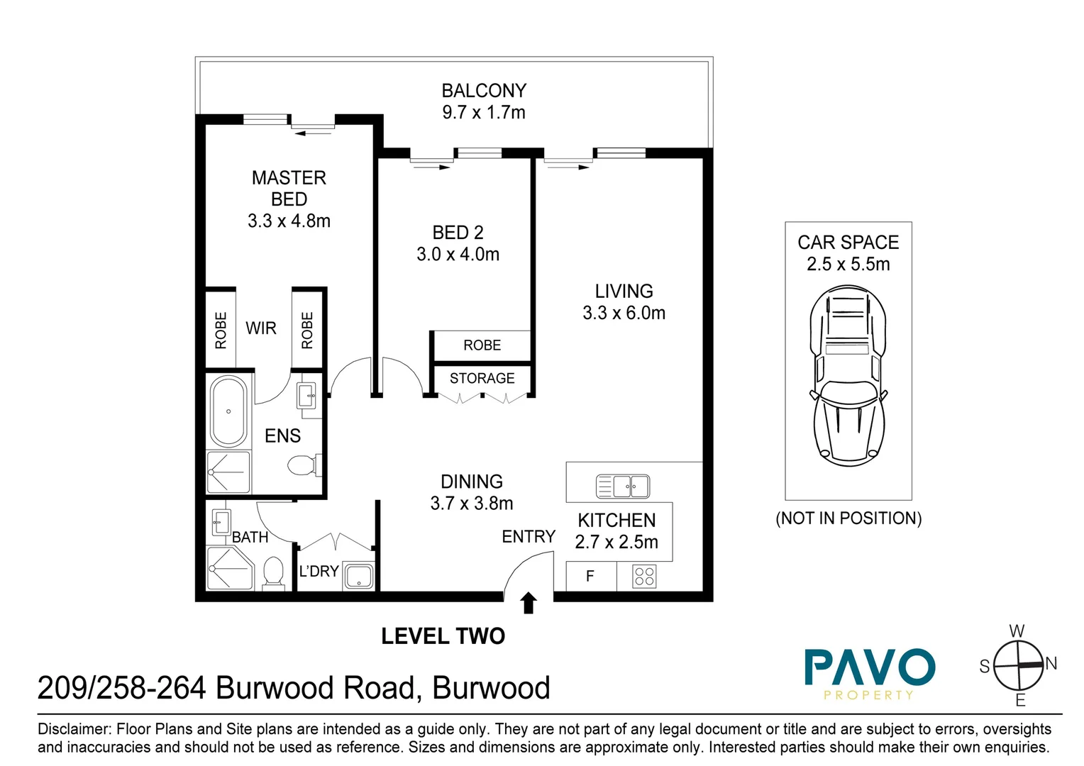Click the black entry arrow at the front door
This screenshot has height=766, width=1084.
click(x=528, y=603)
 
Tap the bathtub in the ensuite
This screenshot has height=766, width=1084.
click(x=228, y=411)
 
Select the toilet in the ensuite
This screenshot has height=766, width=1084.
click(x=303, y=466)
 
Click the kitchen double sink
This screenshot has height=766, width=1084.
click(x=622, y=487)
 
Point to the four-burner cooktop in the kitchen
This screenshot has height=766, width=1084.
click(x=644, y=576)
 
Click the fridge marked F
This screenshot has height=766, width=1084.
click(x=590, y=576)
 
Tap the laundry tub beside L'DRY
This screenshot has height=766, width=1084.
click(x=358, y=576)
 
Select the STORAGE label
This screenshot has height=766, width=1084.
click(x=482, y=379)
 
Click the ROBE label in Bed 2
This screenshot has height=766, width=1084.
click(x=482, y=345)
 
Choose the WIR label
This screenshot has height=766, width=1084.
click(x=261, y=328)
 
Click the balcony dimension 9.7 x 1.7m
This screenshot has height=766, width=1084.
click(x=484, y=113)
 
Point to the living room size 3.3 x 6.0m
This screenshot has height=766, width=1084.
click(x=624, y=313)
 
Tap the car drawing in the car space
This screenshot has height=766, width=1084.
click(x=848, y=376)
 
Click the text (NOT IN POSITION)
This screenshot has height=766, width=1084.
click(x=848, y=518)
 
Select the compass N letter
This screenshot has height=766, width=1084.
click(x=1051, y=664)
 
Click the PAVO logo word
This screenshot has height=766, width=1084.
click(x=869, y=667)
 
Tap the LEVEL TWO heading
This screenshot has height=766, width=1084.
click(x=443, y=636)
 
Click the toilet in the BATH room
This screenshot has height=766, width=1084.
click(x=273, y=572)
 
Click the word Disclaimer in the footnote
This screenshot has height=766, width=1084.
click(x=74, y=729)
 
